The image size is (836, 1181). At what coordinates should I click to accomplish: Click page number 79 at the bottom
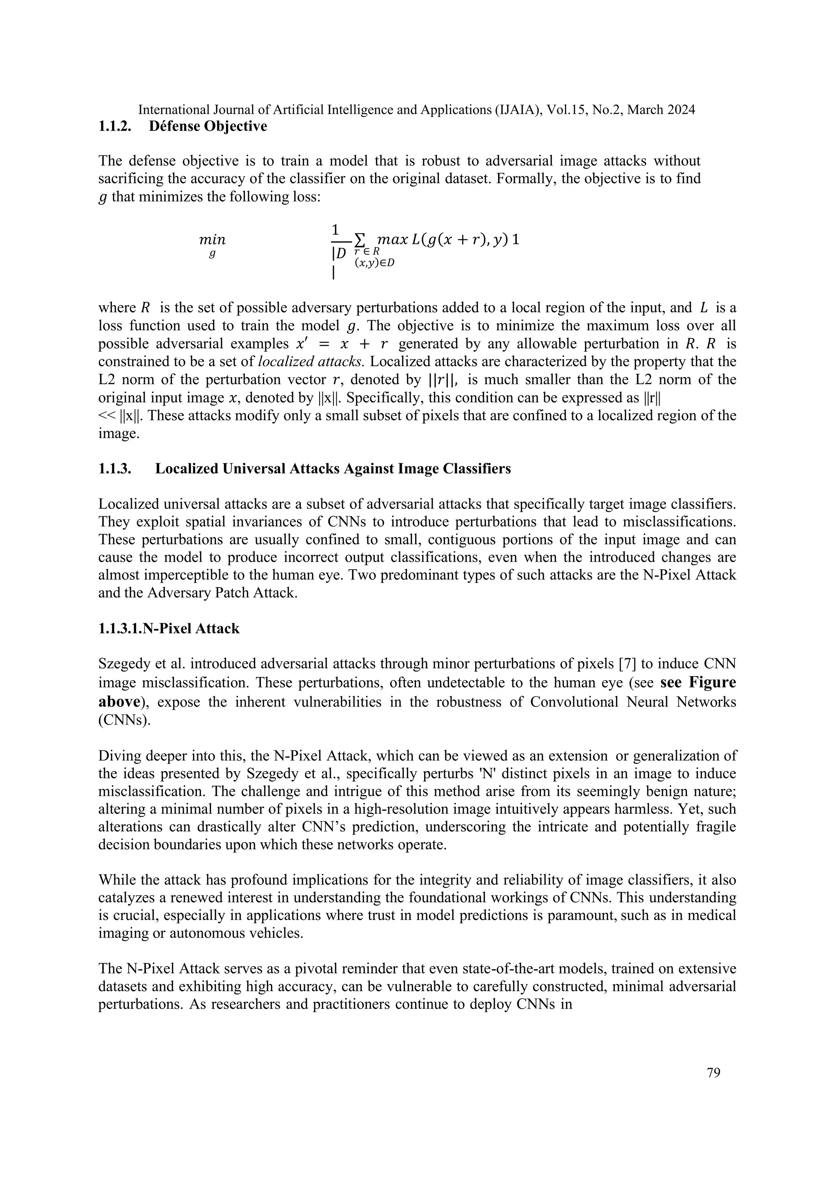[x=714, y=1073]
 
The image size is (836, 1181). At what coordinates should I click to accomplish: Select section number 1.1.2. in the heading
[x=115, y=126]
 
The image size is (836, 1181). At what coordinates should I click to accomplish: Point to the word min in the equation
[x=212, y=240]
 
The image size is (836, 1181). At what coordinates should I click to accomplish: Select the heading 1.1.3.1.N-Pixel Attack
[x=169, y=628]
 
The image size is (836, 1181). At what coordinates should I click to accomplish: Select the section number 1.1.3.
[x=115, y=469]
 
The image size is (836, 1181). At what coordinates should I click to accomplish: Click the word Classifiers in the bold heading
[x=473, y=469]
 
